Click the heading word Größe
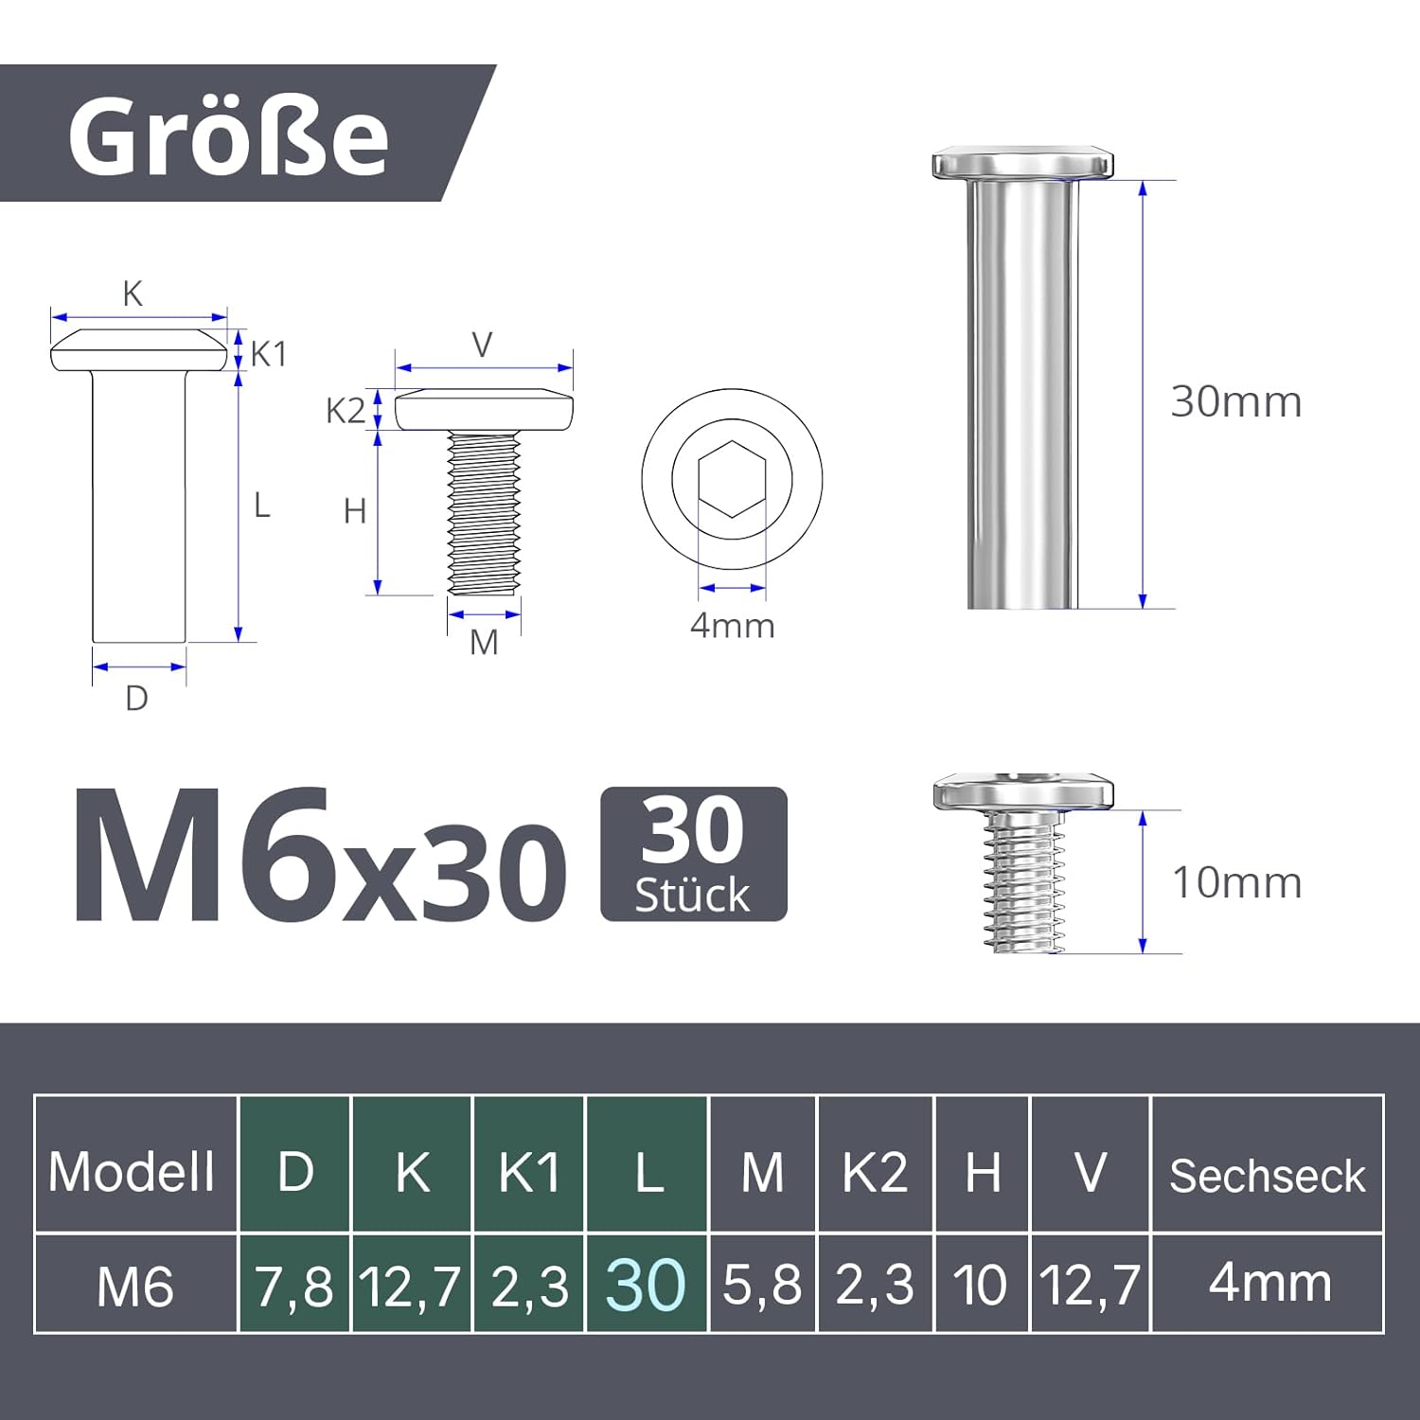point(228,137)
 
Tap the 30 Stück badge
point(693,854)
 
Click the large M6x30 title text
point(320,858)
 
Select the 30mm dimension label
point(1235,402)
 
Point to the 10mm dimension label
point(1235,883)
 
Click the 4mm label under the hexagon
point(732,626)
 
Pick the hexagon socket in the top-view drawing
point(732,479)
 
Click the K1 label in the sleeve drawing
point(268,354)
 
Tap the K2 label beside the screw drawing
point(345,411)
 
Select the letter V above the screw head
point(482,346)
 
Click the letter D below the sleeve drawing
point(136,699)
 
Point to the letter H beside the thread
point(354,512)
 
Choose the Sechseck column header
point(1267,1176)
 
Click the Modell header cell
point(133,1172)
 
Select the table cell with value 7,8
point(293,1287)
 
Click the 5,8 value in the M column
point(762,1286)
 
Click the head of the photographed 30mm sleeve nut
point(1022,164)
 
